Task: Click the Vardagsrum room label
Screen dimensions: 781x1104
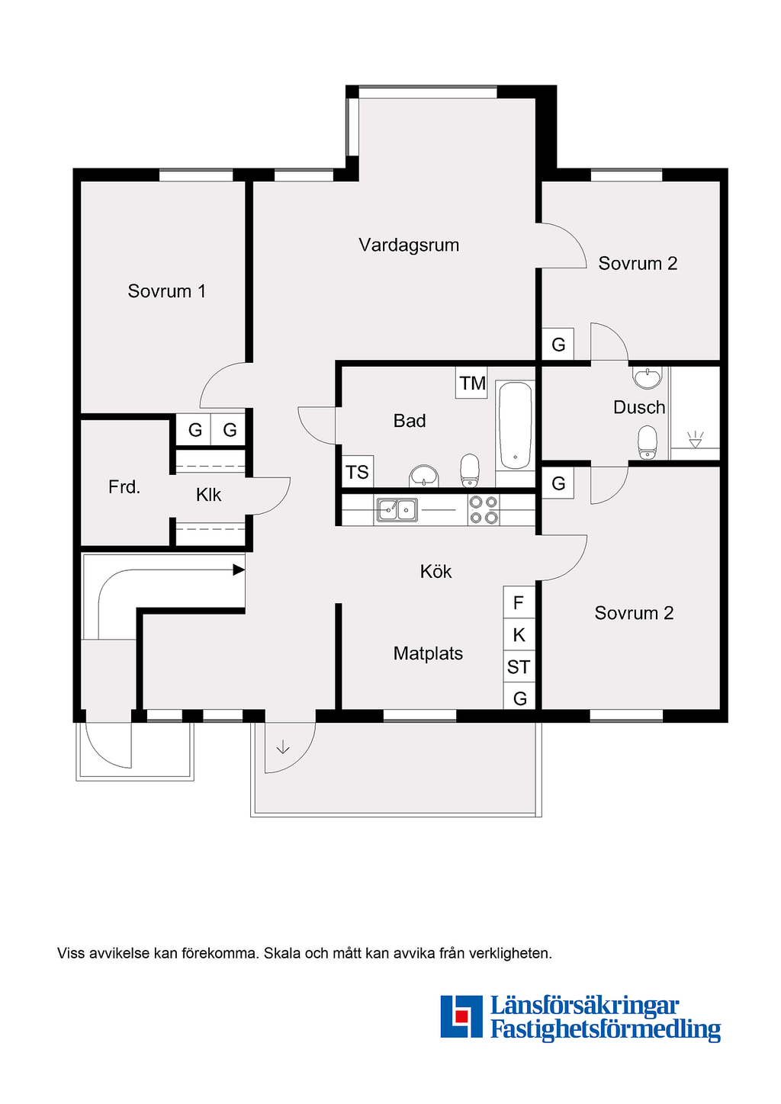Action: coord(409,245)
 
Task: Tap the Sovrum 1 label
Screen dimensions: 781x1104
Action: coord(167,290)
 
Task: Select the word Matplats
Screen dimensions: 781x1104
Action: coord(428,653)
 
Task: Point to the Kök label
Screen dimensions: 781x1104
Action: coord(435,571)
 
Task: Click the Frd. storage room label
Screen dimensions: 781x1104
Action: coord(124,487)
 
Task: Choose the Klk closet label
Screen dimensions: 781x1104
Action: coord(208,494)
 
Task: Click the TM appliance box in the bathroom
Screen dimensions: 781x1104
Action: coord(472,383)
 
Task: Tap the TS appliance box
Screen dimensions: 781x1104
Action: coord(358,472)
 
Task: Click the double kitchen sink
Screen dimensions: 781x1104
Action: coord(397,509)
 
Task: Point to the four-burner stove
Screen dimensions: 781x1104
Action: coord(483,509)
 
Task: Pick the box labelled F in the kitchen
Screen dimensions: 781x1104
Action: coord(519,602)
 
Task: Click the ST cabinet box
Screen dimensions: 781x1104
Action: coord(519,667)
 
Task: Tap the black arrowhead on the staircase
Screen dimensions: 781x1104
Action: coord(239,570)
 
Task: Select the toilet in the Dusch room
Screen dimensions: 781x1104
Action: coord(647,441)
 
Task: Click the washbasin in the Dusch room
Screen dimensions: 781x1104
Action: coord(648,377)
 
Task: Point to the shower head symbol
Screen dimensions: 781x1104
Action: coord(696,439)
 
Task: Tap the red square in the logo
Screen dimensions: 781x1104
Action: coord(461,1016)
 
